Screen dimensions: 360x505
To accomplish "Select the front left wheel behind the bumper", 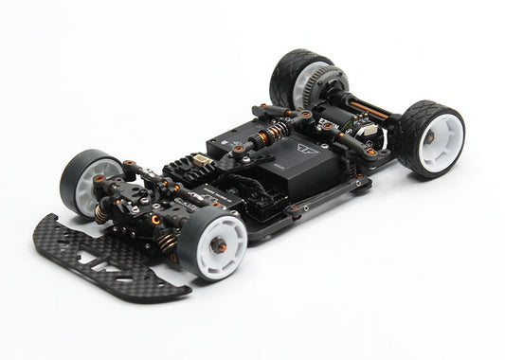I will point(83,184).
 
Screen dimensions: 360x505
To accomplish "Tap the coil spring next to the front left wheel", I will point(100,214).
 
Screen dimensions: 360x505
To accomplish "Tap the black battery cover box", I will point(284,166).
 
